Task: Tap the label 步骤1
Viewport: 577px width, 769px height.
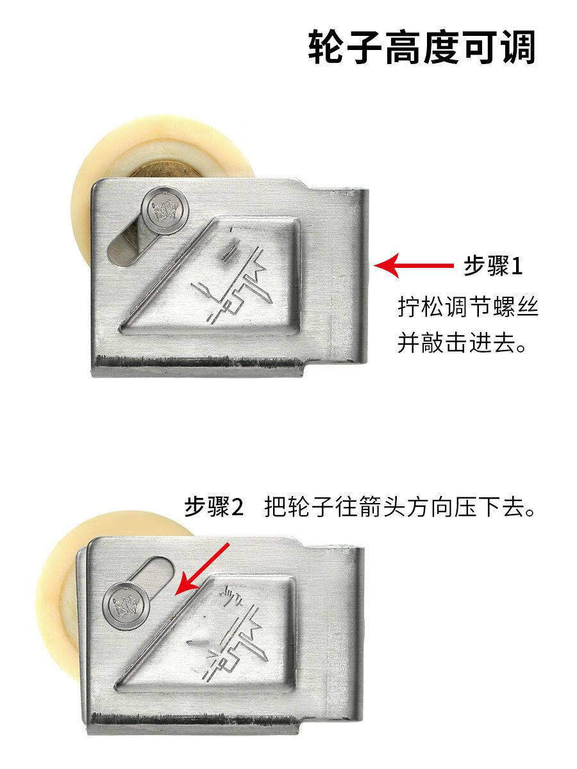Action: point(492,266)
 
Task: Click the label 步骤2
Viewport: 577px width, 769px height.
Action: point(215,508)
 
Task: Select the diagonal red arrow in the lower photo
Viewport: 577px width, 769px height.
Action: point(203,568)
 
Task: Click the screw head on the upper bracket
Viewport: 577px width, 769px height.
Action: point(166,211)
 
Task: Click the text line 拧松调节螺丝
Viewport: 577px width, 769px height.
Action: point(467,308)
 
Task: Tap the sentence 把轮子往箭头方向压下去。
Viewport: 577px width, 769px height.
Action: point(399,508)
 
